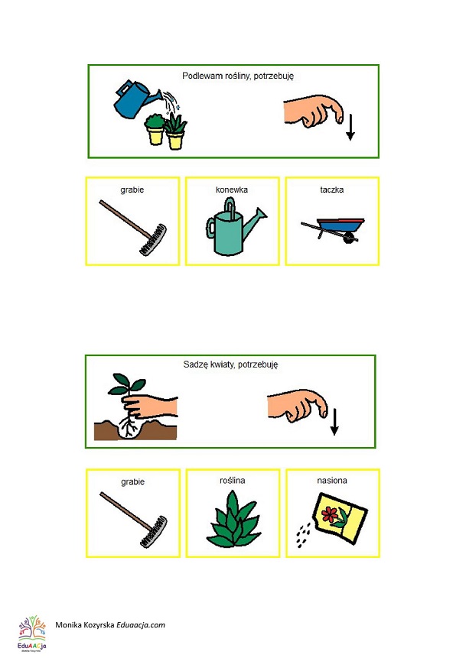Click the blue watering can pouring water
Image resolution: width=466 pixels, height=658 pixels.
(x=135, y=100)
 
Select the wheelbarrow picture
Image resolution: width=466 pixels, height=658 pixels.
(x=333, y=230)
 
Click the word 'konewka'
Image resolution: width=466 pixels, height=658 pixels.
(x=232, y=190)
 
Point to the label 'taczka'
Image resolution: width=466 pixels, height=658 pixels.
(x=331, y=190)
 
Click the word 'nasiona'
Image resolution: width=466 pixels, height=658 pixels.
(x=332, y=481)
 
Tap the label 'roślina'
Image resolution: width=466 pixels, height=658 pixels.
(x=233, y=481)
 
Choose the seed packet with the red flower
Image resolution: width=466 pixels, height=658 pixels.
(x=340, y=518)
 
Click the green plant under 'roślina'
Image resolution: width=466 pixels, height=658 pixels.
(x=233, y=520)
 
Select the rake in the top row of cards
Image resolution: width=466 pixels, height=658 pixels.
(x=133, y=227)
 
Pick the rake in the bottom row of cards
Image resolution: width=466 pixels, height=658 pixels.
(x=133, y=520)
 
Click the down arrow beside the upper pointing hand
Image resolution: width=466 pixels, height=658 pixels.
(x=350, y=127)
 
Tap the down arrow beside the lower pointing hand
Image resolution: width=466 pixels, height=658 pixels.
(x=334, y=422)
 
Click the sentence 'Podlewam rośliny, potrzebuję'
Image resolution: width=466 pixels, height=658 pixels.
(x=238, y=76)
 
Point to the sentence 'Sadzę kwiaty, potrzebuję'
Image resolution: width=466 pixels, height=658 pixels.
(x=230, y=365)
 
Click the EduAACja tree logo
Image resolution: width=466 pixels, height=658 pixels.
(x=32, y=634)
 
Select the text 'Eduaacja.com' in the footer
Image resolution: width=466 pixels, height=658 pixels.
(x=141, y=625)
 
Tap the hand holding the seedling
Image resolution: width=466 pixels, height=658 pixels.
(x=149, y=407)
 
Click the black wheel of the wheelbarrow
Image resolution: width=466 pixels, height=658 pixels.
(x=348, y=238)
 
